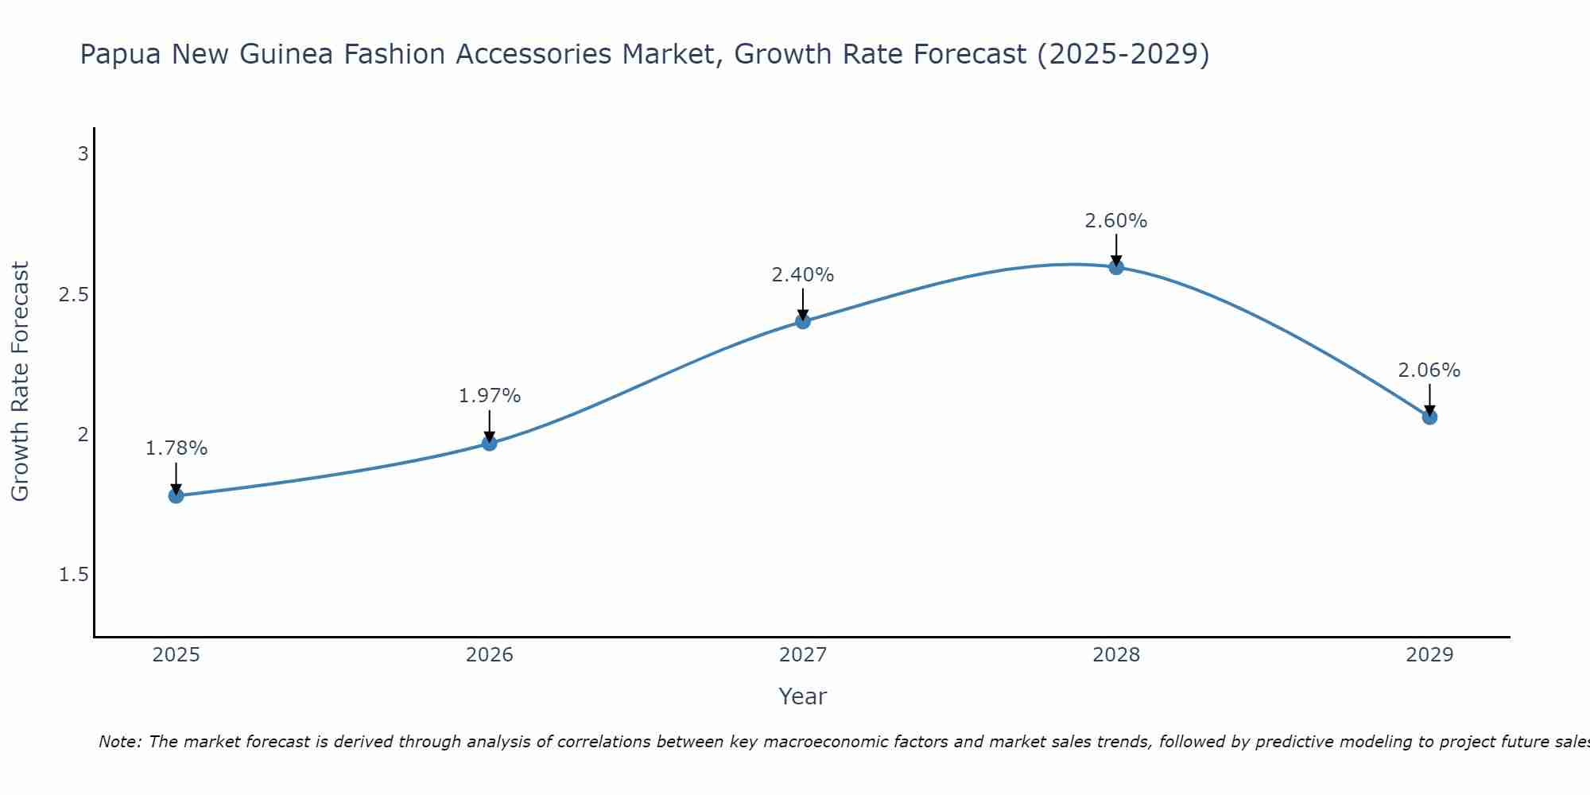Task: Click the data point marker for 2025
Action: [176, 496]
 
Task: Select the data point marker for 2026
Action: [490, 443]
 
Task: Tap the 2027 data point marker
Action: [803, 321]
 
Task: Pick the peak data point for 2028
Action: [1116, 267]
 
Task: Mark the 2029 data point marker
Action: [1429, 417]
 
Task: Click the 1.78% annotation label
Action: [176, 448]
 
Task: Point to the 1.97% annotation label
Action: [490, 395]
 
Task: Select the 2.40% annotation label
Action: [803, 275]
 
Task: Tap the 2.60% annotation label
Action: [1116, 221]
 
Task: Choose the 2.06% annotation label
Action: [1429, 370]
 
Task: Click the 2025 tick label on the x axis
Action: [176, 655]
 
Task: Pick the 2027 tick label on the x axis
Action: [803, 655]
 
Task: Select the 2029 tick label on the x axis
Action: [1429, 655]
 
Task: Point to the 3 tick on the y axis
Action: [83, 154]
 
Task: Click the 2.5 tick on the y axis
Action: [73, 295]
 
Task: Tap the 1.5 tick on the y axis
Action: [73, 575]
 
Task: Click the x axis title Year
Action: [803, 696]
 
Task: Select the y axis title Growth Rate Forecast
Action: [21, 382]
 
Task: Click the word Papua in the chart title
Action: [120, 55]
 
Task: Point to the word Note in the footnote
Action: [119, 742]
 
